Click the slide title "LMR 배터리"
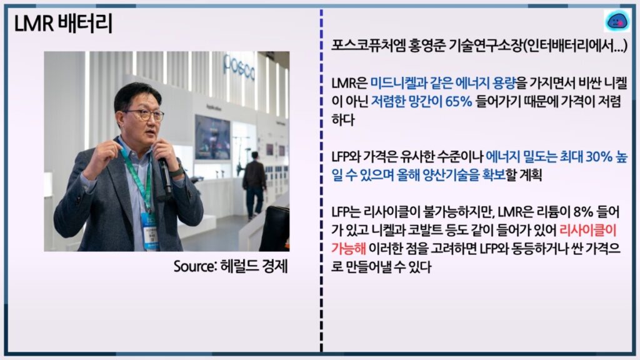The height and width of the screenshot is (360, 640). (63, 23)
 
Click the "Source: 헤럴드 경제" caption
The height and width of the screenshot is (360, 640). (231, 266)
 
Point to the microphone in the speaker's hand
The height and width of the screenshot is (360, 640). (165, 176)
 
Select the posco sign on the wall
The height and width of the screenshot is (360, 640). (239, 68)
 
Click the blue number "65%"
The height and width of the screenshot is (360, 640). (459, 101)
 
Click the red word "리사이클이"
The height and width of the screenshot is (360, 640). (587, 230)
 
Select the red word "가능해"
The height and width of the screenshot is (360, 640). (348, 248)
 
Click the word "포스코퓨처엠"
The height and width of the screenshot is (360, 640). (367, 46)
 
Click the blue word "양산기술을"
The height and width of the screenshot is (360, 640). (446, 175)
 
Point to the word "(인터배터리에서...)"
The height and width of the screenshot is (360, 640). (575, 46)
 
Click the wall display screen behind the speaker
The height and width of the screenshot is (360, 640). (212, 137)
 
